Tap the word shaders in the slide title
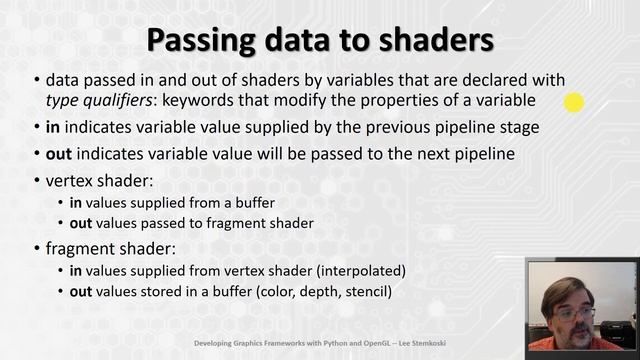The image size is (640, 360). pos(433,41)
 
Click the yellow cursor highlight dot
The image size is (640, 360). pos(574,101)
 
